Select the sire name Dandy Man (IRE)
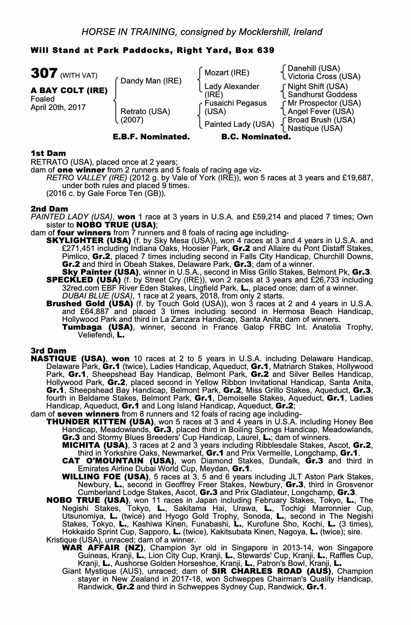click(151, 81)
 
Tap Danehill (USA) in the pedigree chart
click(313, 68)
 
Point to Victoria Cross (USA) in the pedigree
click(324, 77)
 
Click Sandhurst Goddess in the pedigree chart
click(322, 94)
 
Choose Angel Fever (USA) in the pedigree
click(321, 112)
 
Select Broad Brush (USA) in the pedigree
click(321, 120)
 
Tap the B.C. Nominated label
click(256, 137)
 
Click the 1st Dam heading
click(48, 153)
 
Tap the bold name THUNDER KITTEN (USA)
click(100, 422)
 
